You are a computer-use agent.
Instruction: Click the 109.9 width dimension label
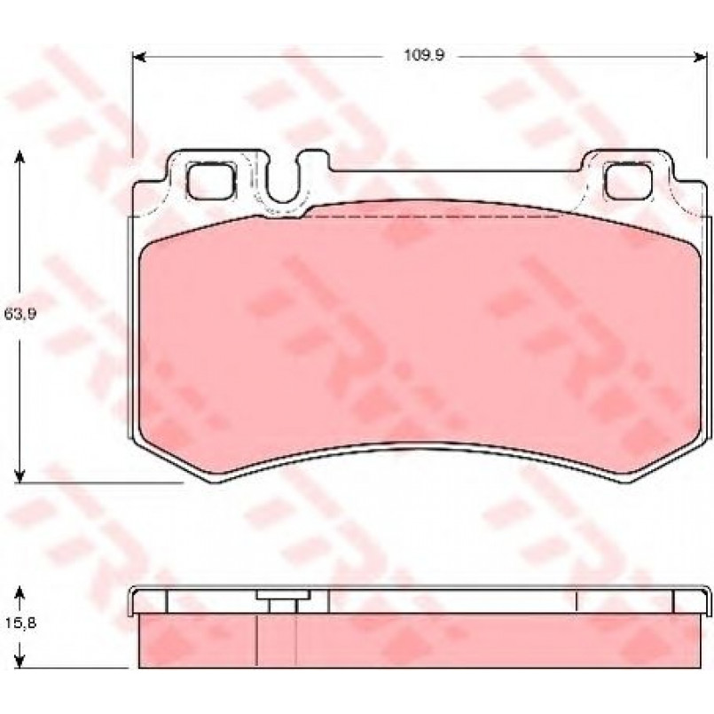[424, 56]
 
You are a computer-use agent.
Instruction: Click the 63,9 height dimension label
[20, 314]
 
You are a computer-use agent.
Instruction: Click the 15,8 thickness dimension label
[20, 622]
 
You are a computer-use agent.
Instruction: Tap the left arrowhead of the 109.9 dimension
[138, 57]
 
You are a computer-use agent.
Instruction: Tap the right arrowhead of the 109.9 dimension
[701, 57]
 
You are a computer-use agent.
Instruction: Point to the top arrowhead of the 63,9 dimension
[20, 158]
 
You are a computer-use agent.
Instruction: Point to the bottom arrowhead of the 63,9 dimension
[20, 475]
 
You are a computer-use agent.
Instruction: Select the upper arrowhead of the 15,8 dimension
[20, 592]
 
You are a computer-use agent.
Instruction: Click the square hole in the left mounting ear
[211, 182]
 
